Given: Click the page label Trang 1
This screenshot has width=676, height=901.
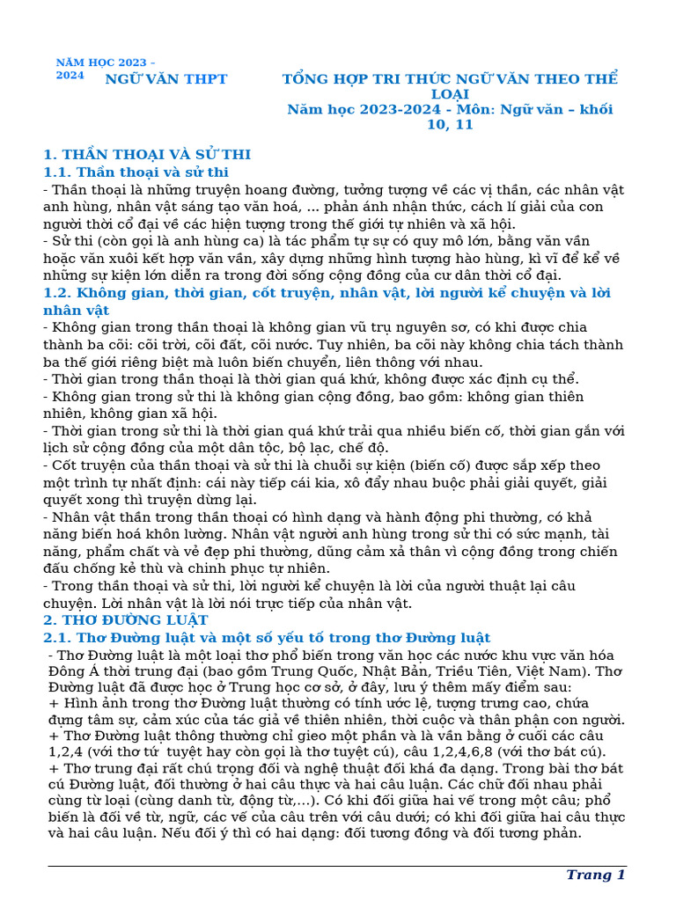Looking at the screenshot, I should pyautogui.click(x=595, y=875).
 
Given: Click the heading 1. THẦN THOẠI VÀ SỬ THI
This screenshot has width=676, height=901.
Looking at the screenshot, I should pyautogui.click(x=147, y=155).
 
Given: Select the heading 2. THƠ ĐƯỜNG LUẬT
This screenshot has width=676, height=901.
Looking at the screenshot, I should pyautogui.click(x=126, y=620).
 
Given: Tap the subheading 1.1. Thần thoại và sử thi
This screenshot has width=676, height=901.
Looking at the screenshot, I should pyautogui.click(x=136, y=172).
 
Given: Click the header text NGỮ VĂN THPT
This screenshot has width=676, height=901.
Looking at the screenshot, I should pyautogui.click(x=166, y=79).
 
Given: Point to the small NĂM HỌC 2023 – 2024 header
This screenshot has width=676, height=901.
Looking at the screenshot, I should pyautogui.click(x=106, y=69).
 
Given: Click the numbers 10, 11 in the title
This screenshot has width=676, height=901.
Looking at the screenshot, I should pyautogui.click(x=450, y=125).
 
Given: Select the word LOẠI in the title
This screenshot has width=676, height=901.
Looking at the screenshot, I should pyautogui.click(x=450, y=94).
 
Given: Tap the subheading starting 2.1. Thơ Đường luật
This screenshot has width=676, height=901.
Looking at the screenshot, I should pyautogui.click(x=267, y=638).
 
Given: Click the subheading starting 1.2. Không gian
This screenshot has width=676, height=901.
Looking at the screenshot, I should pyautogui.click(x=327, y=293).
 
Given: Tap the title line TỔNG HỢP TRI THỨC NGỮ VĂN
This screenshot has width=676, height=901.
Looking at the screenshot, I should pyautogui.click(x=450, y=79).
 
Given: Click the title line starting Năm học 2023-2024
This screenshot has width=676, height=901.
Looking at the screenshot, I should pyautogui.click(x=450, y=110).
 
